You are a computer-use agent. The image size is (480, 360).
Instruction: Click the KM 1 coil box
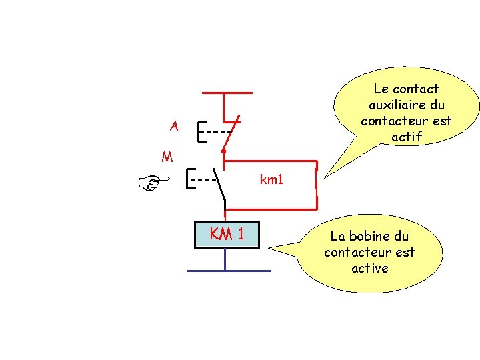click(x=226, y=235)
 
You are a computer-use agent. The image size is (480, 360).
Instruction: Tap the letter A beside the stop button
click(x=174, y=125)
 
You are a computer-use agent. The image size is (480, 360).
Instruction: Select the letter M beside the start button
click(x=167, y=157)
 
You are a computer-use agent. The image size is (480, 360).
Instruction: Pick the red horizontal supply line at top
click(x=227, y=93)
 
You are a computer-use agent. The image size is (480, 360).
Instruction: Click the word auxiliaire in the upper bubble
click(x=406, y=105)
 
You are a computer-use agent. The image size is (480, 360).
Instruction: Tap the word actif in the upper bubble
click(x=407, y=137)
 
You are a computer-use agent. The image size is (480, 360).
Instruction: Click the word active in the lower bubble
click(x=369, y=268)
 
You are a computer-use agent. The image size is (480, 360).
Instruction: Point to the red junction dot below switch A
click(x=223, y=152)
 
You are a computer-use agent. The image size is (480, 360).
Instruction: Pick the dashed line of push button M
click(x=205, y=179)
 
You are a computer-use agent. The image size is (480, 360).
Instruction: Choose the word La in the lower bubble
click(x=338, y=236)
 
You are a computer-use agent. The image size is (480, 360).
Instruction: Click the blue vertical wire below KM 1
click(x=225, y=260)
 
